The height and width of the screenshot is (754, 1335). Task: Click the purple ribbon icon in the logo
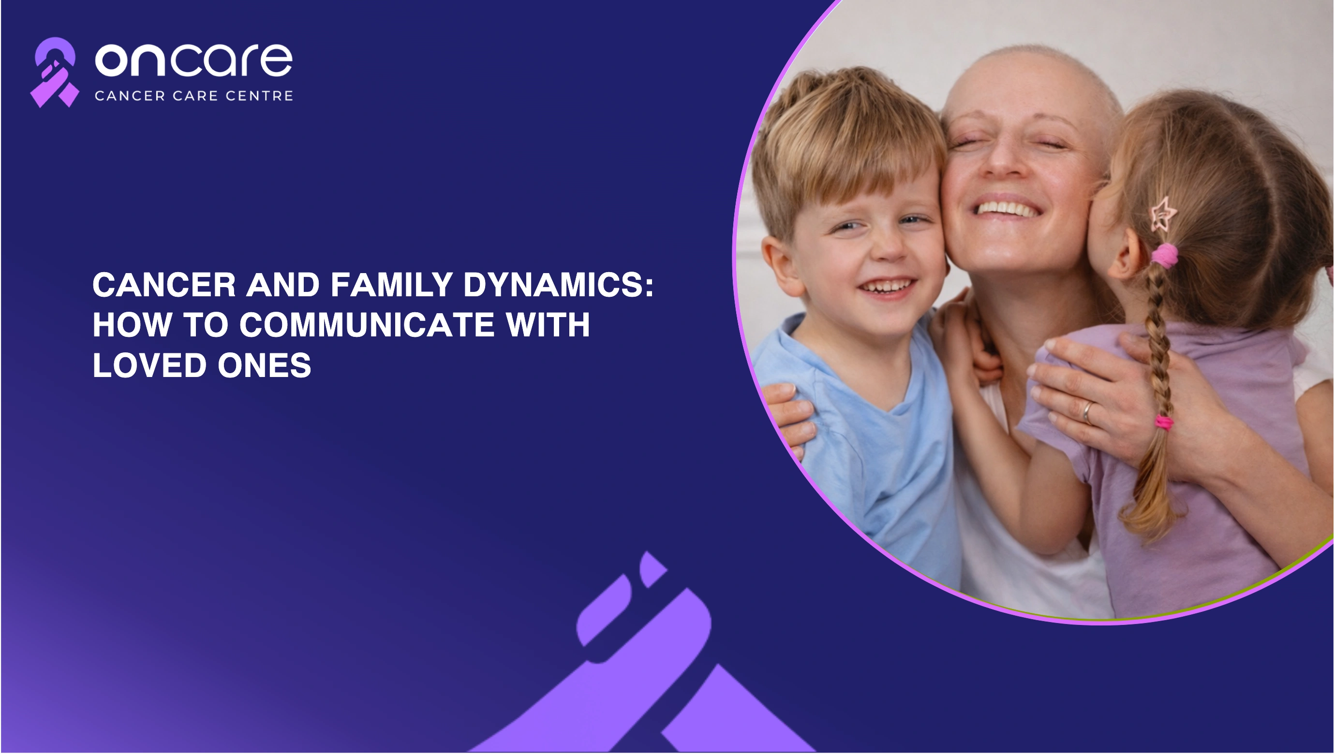coord(54,72)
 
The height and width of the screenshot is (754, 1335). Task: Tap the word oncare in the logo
coord(194,60)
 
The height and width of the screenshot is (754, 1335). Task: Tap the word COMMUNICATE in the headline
coord(367,325)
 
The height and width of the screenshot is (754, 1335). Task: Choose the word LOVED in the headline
coord(150,365)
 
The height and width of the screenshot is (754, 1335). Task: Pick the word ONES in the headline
coord(264,365)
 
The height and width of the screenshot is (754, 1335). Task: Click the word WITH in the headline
coord(548,325)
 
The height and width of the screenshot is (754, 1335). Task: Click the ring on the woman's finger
coord(1087,413)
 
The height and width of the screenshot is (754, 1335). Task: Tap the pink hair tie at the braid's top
coord(1165,255)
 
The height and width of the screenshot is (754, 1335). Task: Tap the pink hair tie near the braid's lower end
coord(1163,422)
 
